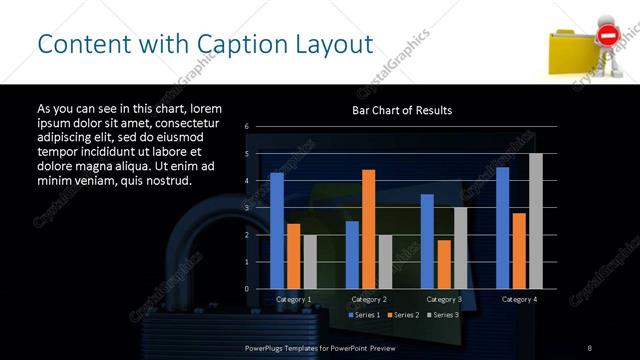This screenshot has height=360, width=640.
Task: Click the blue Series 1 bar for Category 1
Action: point(277,230)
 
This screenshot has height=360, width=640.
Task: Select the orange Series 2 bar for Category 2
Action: point(368,229)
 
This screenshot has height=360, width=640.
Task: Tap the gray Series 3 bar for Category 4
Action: point(535,221)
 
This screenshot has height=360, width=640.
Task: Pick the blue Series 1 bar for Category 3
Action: point(427,241)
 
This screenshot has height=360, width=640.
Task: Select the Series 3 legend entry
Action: point(444,315)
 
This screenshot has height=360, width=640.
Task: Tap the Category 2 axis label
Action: point(368,299)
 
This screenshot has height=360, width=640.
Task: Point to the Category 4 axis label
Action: point(519,299)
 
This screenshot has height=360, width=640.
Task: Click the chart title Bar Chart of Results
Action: point(402,110)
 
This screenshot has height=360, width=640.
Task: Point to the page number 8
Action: point(590,347)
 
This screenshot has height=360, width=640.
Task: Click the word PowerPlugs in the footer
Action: point(267,347)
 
